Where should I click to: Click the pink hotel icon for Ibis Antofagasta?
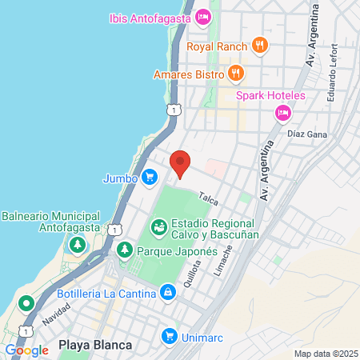(203, 17)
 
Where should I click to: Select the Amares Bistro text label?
(189, 74)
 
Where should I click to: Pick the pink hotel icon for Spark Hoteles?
(282, 114)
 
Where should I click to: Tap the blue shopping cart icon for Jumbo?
(150, 177)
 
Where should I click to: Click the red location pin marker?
(181, 163)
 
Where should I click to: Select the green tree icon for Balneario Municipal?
(78, 245)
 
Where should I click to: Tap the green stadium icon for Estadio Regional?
(159, 229)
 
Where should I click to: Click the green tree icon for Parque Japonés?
(125, 250)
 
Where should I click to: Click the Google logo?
(26, 350)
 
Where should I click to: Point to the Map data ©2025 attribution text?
(325, 354)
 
